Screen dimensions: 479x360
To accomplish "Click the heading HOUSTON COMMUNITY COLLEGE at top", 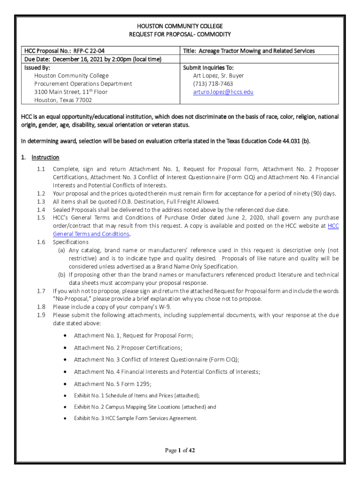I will coord(180,26).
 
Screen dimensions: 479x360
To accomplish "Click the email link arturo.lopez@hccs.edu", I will coord(223,92).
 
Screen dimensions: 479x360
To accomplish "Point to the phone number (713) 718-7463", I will coord(213,84).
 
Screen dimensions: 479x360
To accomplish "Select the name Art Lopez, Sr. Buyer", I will coord(218,75).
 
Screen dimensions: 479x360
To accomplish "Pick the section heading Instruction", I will coord(45,158).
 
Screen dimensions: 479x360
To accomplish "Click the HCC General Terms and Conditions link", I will coord(91,233).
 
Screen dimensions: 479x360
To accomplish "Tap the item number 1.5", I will coord(41,218).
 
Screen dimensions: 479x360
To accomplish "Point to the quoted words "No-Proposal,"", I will coord(70,299).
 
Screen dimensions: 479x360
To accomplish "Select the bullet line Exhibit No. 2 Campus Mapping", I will coord(145,407).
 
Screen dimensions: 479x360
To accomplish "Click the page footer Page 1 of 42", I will coord(180,450).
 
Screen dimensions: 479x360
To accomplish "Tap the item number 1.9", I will coord(41,315).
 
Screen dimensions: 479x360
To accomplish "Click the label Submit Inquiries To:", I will coord(209,67).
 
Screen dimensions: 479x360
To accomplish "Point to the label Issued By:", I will coord(37,67).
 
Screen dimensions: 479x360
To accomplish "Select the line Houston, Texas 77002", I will coord(63,100).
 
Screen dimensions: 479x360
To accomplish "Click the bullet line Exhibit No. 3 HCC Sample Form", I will coord(136,418).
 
